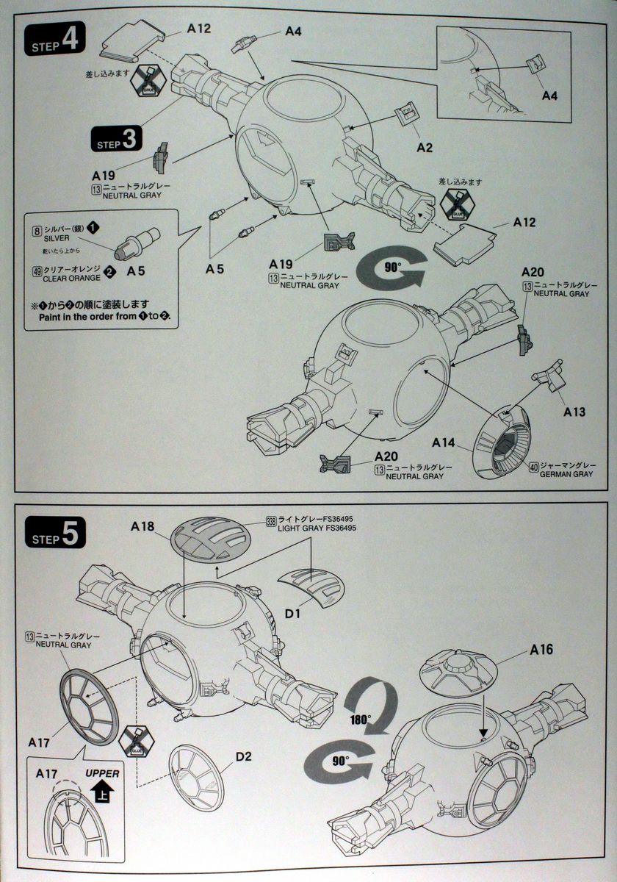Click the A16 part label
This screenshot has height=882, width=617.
(541, 650)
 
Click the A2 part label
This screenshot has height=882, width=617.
(425, 147)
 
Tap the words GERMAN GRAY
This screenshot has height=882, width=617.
(566, 475)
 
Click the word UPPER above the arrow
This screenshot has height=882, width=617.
(101, 773)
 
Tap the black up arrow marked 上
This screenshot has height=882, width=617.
(101, 792)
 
